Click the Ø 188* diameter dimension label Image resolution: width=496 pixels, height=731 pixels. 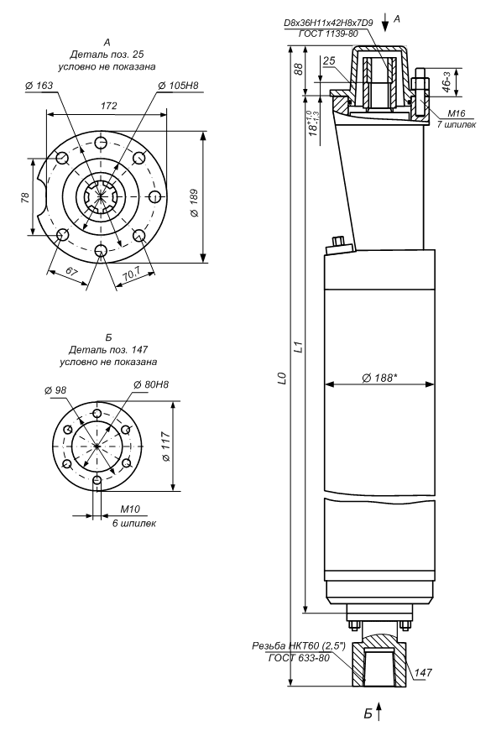[380, 378]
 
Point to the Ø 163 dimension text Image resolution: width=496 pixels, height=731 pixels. [39, 86]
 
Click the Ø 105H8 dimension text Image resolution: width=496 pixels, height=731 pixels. [178, 86]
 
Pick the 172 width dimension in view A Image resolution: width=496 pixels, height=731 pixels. [108, 106]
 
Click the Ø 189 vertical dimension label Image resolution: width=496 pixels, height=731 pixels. [195, 203]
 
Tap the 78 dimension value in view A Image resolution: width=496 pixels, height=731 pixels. [26, 198]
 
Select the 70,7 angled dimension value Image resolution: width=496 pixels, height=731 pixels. [132, 276]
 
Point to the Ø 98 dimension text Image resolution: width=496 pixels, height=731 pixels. [56, 389]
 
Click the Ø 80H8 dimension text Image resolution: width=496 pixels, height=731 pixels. [151, 384]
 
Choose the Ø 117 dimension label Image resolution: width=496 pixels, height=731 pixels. [166, 446]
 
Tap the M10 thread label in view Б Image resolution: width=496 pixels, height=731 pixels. [130, 509]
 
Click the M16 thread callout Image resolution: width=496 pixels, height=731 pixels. [457, 113]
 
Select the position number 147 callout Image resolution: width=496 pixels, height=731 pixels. [423, 673]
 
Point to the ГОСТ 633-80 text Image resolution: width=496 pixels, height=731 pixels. [299, 658]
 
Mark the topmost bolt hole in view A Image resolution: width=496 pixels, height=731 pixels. [100, 142]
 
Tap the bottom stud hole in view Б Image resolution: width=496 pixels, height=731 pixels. [97, 480]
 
